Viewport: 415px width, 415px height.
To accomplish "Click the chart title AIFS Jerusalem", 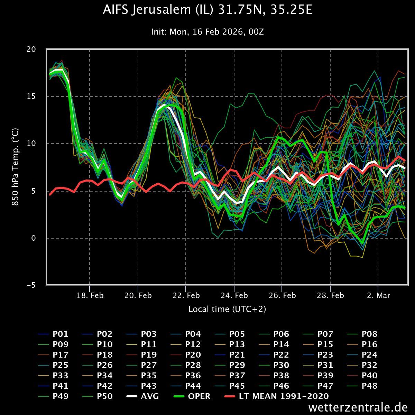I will point(207,10).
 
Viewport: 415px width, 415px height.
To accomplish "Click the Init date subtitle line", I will point(207,32).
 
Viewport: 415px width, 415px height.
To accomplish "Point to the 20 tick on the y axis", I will point(31,49).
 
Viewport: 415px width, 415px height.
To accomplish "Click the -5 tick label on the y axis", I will point(31,285).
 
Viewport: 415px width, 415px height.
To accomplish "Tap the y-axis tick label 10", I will point(31,144).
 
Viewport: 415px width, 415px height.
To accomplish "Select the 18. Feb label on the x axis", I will point(90,296).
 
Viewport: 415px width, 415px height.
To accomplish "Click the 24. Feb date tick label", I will point(234,296).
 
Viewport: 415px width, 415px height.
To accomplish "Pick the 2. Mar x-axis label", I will point(378,296).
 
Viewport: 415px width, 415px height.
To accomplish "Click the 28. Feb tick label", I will point(331,296).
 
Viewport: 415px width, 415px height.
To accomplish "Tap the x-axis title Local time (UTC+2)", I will point(227,309).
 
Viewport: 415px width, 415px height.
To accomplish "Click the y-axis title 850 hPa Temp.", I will point(16,167).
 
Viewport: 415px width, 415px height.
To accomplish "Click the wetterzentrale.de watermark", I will point(358,407).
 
